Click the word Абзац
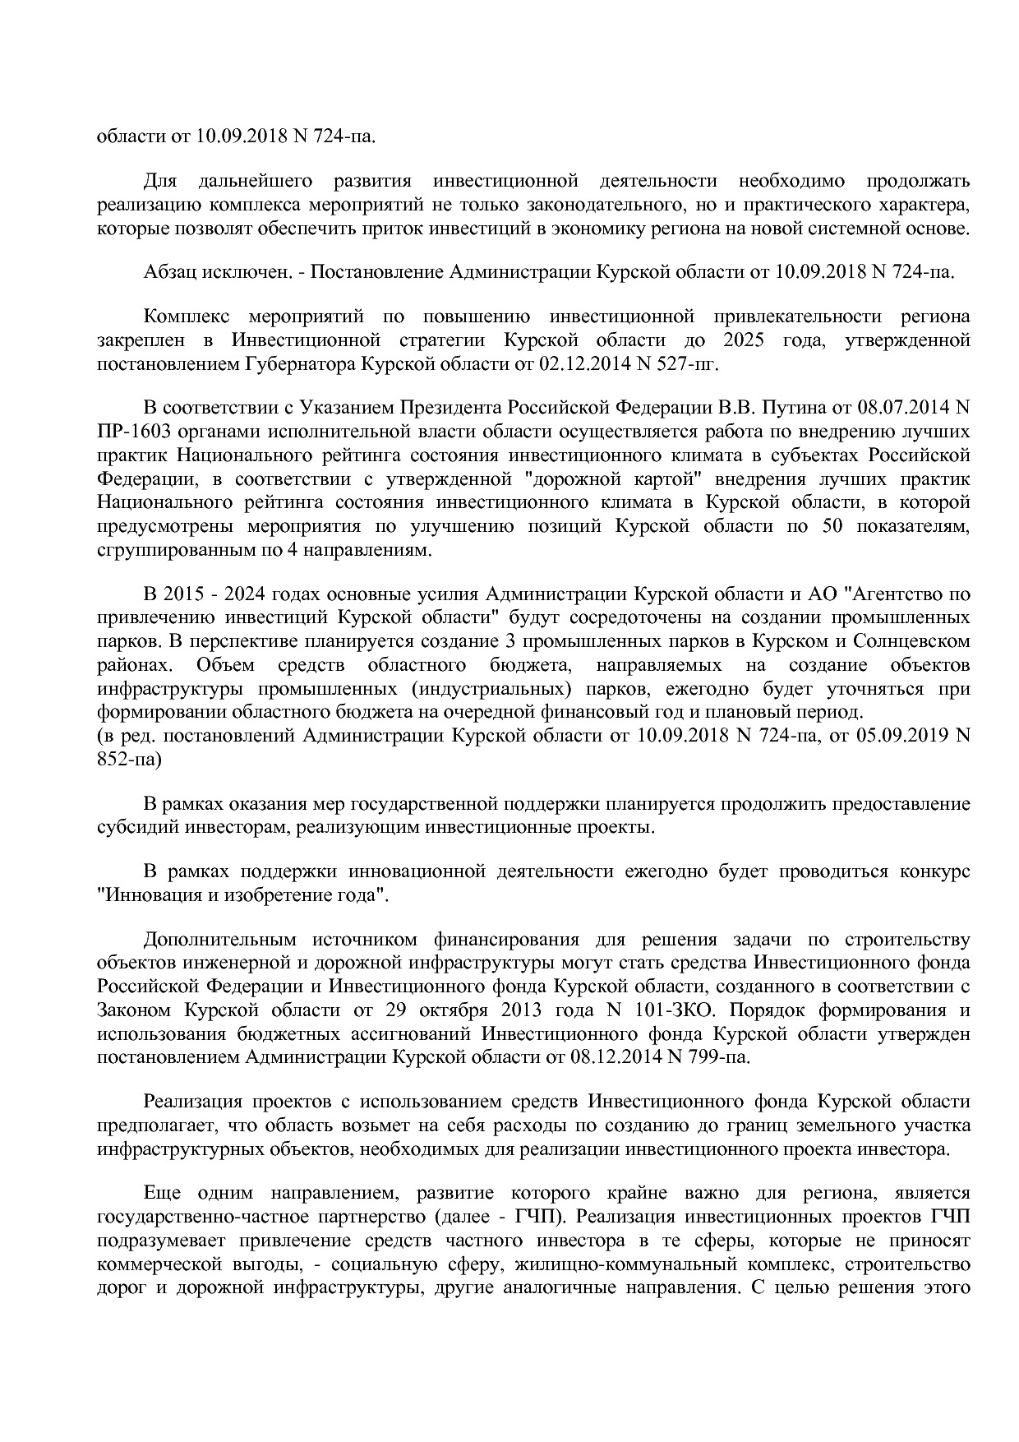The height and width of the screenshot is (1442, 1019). tap(171, 272)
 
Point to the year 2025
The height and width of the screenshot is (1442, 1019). tap(745, 340)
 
